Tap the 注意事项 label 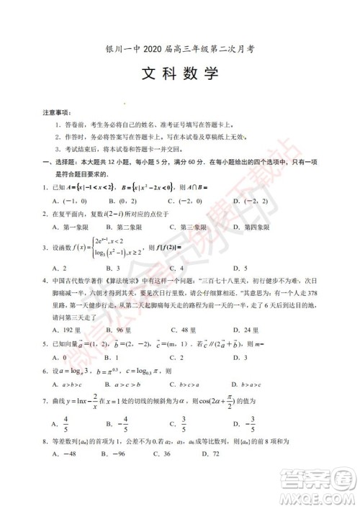tap(55, 113)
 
